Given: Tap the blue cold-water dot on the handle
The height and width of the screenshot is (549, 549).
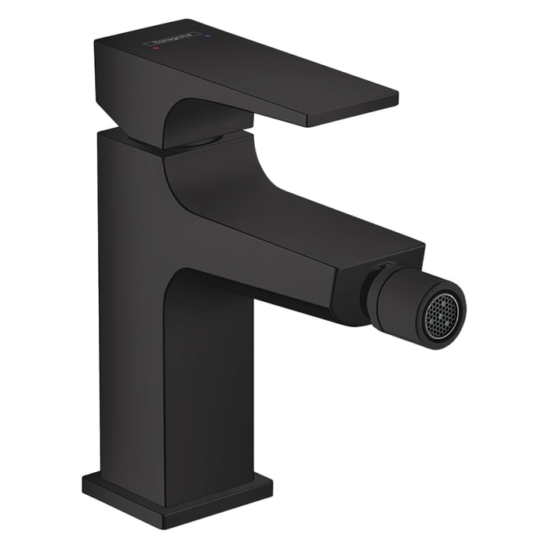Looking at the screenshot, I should coord(208,35).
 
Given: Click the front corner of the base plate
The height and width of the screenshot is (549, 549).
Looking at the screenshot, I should coord(165,517).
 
